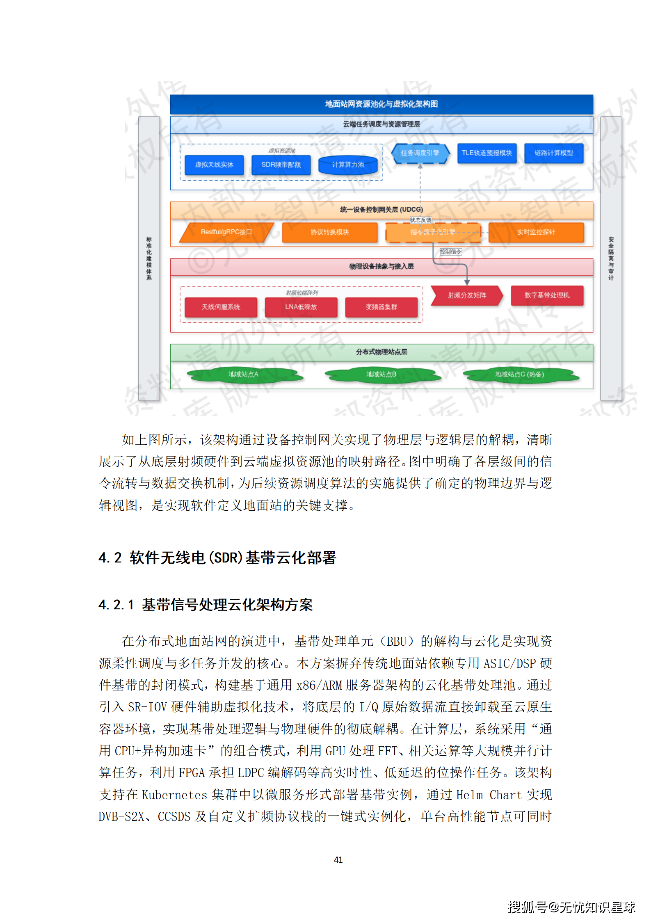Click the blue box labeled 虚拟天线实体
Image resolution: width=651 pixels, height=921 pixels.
pos(214,165)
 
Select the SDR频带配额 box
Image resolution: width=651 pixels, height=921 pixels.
pos(281,165)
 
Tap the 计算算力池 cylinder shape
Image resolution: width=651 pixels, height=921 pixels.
pos(348,165)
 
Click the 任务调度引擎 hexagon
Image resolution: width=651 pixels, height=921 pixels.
pos(420,153)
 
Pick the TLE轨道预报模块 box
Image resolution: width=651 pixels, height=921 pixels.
pos(487,153)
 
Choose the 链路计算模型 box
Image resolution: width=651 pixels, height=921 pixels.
pos(553,153)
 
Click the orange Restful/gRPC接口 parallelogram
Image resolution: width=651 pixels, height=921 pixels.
pos(226,232)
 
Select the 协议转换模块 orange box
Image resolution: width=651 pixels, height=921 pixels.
pos(329,232)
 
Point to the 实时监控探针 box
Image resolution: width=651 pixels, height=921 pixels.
pos(536,232)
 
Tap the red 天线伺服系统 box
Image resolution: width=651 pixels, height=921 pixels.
pos(221,307)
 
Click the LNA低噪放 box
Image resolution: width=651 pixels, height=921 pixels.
pos(301,307)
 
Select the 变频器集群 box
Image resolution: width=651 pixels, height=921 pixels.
pos(381,307)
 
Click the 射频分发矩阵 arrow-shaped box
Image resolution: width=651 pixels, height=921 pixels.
pos(467,295)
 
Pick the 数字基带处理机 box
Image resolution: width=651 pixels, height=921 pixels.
pos(547,295)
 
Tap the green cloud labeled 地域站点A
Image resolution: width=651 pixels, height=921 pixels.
pos(243,374)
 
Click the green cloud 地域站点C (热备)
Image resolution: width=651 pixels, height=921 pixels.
pos(519,374)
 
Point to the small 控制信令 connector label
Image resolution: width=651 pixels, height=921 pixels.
pos(450,251)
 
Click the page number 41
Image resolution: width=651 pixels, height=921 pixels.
pos(338,859)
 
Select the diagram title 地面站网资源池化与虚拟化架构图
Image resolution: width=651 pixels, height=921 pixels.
pos(381,104)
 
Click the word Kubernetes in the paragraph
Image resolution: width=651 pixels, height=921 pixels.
pos(174,795)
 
